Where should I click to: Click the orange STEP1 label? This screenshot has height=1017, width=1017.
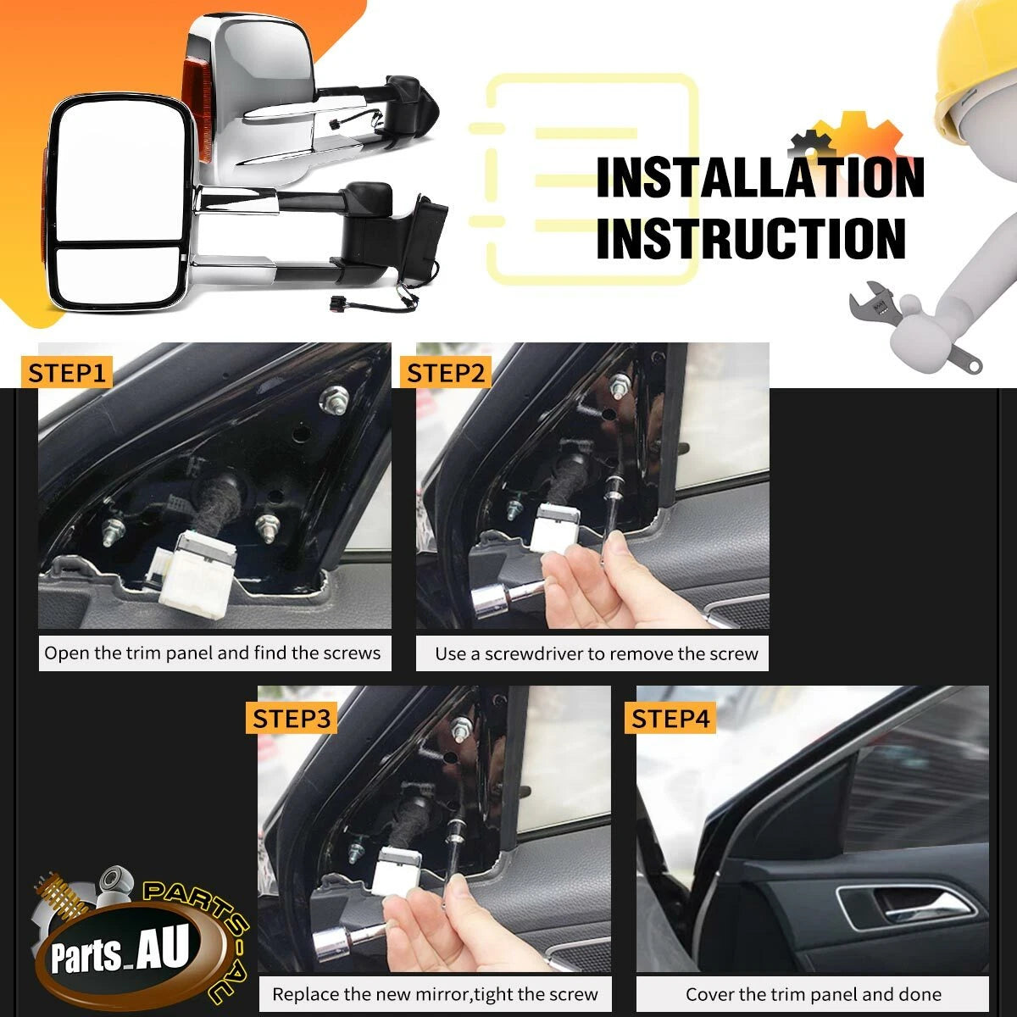66,373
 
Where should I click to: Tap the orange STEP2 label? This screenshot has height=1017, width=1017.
445,373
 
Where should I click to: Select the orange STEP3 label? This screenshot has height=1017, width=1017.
292,719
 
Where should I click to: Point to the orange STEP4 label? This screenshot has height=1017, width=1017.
670,719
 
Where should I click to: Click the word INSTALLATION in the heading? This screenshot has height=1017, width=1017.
760,177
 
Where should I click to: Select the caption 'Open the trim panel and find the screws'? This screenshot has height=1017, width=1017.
212,653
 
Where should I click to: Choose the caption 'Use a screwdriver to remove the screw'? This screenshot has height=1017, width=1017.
597,654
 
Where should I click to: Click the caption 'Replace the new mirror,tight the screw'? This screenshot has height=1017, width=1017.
435,994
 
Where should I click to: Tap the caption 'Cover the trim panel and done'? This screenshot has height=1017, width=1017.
814,994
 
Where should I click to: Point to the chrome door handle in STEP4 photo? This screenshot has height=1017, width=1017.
909,907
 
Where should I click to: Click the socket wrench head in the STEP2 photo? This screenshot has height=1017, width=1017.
488,601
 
